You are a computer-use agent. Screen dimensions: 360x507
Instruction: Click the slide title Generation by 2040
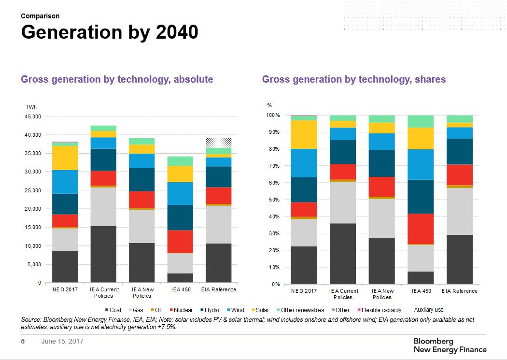110,32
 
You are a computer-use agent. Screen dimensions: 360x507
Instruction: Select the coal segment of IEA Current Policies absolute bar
103,254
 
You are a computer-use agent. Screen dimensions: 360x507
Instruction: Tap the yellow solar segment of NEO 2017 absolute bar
65,158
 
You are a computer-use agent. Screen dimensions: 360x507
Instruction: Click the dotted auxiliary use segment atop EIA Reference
219,143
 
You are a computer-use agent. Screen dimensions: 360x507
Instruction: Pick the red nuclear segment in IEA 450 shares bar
421,229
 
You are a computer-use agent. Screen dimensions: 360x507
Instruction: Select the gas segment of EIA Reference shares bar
459,211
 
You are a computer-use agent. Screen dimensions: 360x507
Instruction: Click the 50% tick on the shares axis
273,200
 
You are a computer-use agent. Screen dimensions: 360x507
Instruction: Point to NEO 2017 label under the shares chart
304,291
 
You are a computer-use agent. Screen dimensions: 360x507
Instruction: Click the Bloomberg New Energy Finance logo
450,345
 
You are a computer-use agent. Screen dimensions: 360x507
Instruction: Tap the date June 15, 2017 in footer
62,342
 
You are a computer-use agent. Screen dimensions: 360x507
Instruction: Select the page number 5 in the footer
22,342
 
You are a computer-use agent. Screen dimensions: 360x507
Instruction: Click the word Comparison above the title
40,16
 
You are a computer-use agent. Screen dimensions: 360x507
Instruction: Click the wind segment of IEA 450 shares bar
421,164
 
